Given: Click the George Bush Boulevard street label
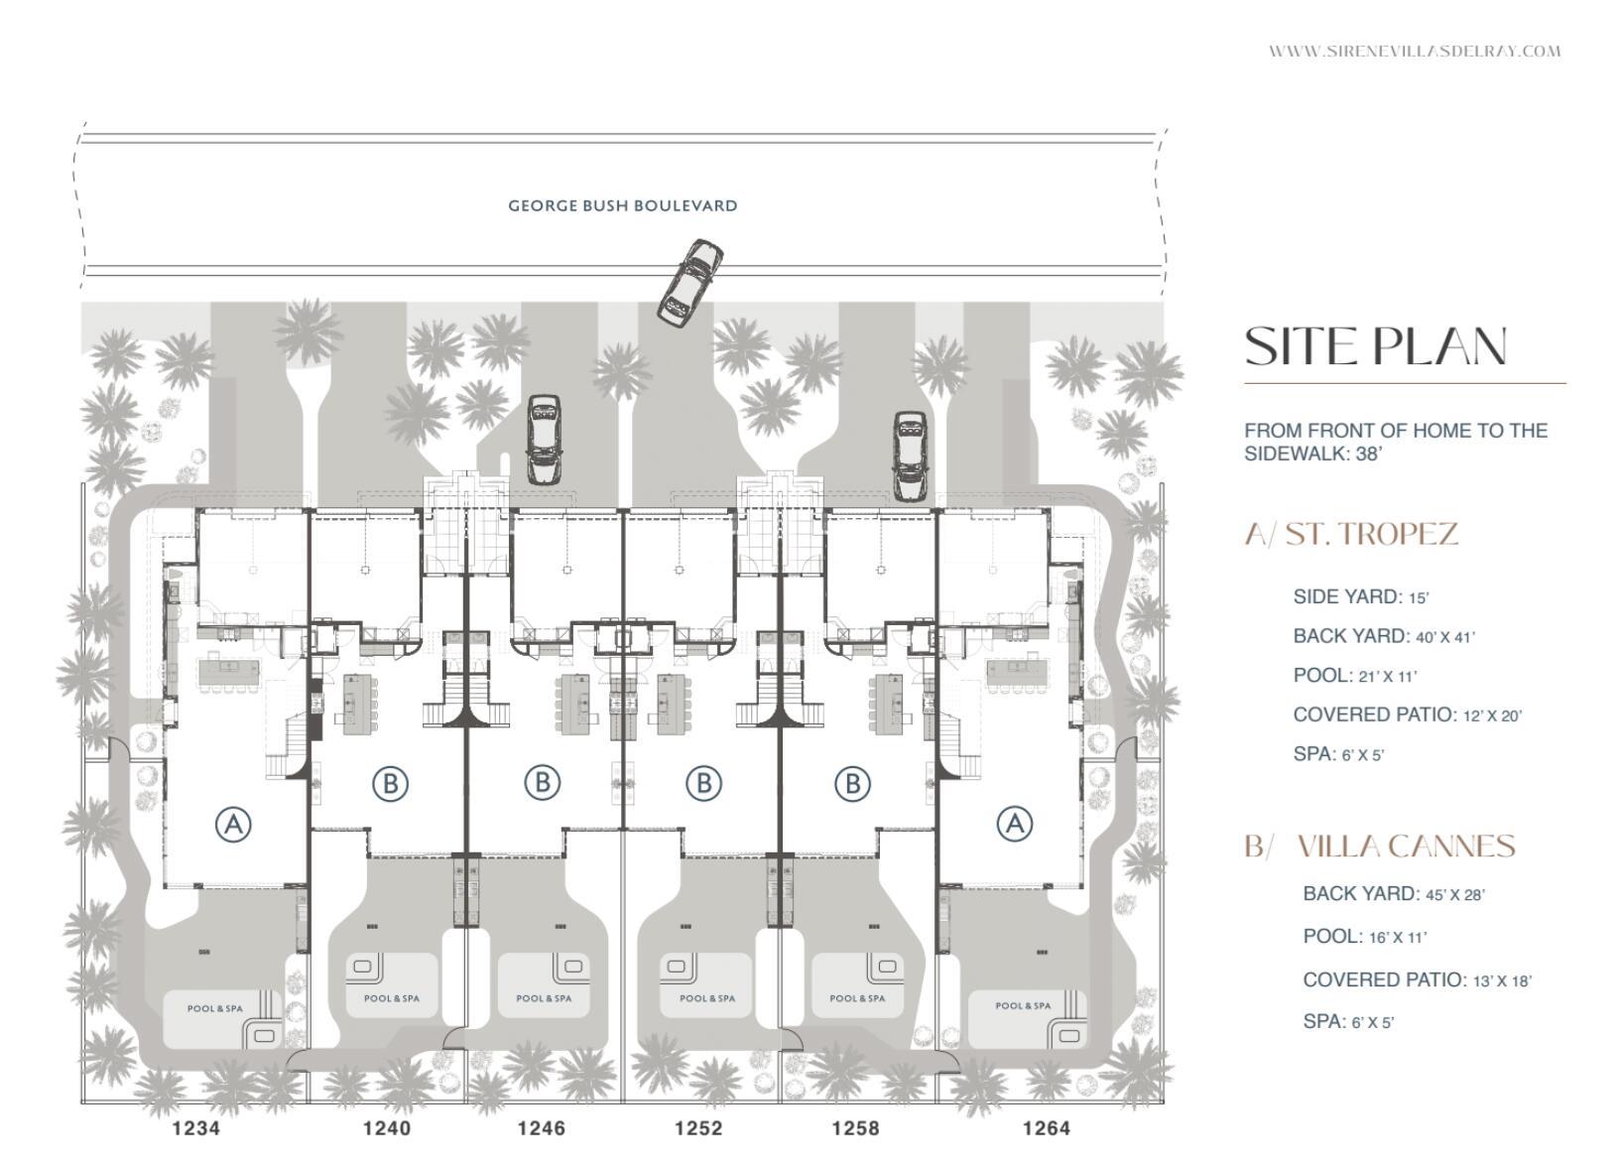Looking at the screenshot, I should click(x=622, y=205).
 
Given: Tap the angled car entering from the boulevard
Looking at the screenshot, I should click(x=689, y=283).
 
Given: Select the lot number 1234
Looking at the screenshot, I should click(x=196, y=1128).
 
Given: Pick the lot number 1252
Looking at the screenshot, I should click(x=698, y=1128).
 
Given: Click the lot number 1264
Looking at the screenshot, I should click(x=1046, y=1128).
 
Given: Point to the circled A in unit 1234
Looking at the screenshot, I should click(x=233, y=824).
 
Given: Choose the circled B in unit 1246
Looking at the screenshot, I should click(x=542, y=782).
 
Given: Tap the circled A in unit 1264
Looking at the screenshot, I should click(x=1014, y=823).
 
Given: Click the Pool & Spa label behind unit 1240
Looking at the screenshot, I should click(x=392, y=998).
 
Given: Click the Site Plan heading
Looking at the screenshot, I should click(x=1376, y=346).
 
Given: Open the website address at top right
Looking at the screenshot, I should click(x=1415, y=52).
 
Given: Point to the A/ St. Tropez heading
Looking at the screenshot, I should click(x=1351, y=534).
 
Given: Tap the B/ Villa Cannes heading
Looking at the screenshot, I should click(x=1380, y=846).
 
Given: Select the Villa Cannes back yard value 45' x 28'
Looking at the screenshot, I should click(x=1454, y=895).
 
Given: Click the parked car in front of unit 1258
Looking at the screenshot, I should click(x=909, y=455).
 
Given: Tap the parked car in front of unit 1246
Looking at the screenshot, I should click(x=543, y=439).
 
